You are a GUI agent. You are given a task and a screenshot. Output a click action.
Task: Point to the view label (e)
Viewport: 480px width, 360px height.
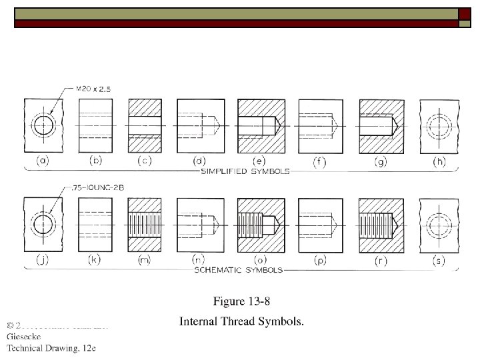pos(260,161)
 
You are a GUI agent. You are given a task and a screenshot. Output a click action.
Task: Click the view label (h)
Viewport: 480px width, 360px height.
pos(439,161)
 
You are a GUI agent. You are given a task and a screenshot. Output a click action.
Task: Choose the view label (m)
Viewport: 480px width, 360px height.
pos(144,260)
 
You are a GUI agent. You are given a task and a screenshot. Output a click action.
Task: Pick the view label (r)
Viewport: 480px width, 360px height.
pos(380,260)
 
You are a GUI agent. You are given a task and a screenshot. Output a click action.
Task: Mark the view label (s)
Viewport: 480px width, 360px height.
pos(439,260)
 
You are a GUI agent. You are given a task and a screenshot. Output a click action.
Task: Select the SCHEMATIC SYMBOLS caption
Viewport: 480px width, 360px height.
pos(238,270)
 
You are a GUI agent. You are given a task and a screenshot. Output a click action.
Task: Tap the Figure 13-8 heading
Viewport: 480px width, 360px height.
pos(241,302)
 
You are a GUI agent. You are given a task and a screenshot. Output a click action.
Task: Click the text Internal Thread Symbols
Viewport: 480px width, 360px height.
pos(241,322)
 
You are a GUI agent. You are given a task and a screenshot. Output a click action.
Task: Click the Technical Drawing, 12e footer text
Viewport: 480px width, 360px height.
pos(51,348)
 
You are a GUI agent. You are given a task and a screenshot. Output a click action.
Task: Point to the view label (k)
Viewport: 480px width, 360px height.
pos(93,260)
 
